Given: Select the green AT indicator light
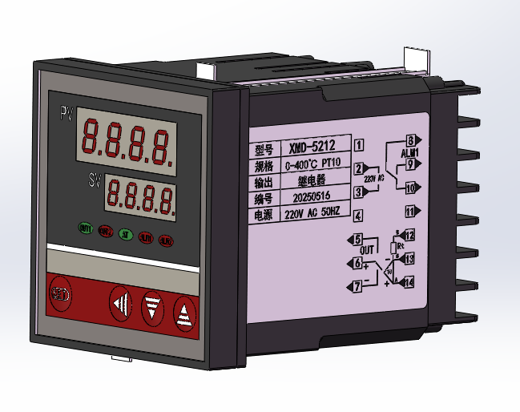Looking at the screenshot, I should coord(125,235).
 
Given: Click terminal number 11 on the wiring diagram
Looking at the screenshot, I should coord(411,212).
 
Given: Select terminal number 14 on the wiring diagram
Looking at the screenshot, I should coord(409,281).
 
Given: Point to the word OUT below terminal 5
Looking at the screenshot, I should coord(367,251).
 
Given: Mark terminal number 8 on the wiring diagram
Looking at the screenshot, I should coord(412,141).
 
